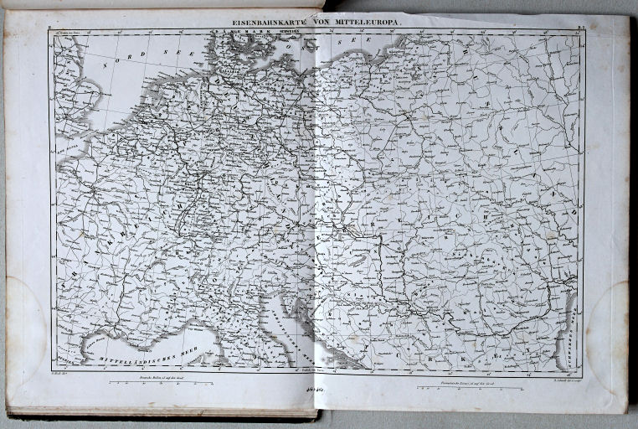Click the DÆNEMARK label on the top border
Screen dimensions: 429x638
(x=229, y=33)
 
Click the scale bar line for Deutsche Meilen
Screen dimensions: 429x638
(x=162, y=384)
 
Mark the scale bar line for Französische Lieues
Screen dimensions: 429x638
(x=470, y=388)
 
